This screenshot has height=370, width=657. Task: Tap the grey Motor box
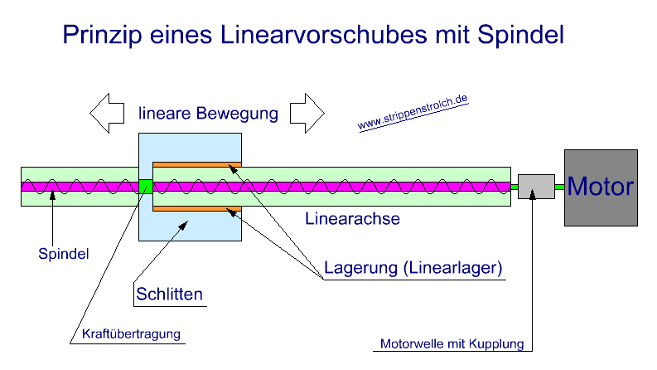[601, 187]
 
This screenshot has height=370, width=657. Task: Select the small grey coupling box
[536, 187]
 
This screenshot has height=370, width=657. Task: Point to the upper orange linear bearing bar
[196, 163]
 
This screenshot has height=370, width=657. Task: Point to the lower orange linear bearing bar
[196, 209]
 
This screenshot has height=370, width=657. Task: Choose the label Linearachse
[353, 220]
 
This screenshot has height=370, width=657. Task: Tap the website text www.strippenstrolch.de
[413, 114]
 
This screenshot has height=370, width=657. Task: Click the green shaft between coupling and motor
[560, 187]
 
